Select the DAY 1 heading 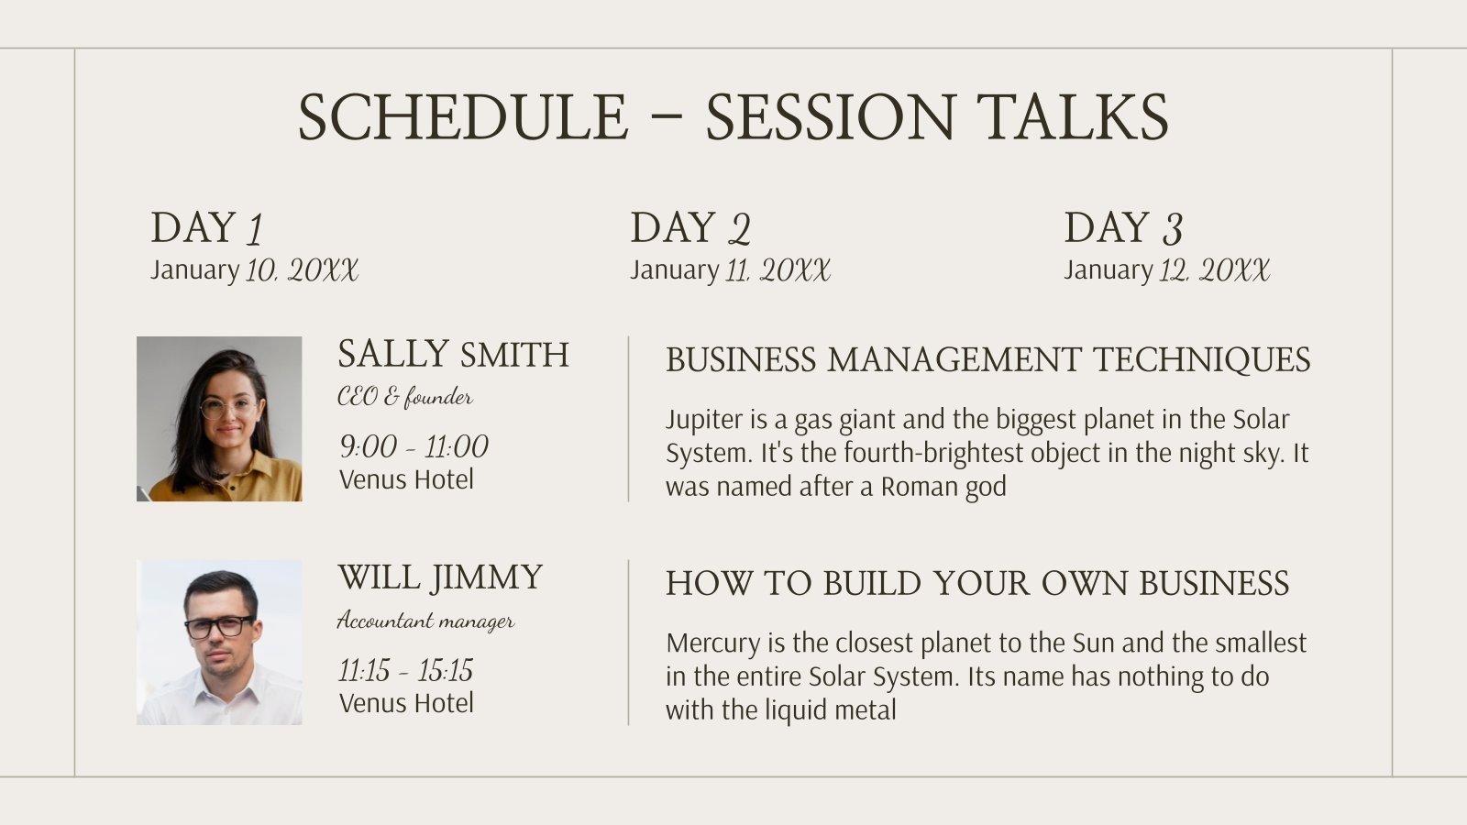coord(206,228)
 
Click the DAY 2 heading coord(690,228)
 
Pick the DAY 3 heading coord(1123,228)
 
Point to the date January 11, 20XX coord(730,269)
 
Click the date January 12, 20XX coord(1166,269)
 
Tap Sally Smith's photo coord(219,419)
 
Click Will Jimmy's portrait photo coord(219,643)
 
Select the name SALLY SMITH coord(453,354)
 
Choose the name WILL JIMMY coord(440,578)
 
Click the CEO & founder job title coord(404,397)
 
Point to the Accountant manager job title coord(425,620)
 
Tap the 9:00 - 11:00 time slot coord(414,446)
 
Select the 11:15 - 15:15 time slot coord(405,670)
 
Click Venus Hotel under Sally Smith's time coord(406,479)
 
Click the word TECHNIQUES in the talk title coord(1202,360)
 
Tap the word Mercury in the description coord(713,643)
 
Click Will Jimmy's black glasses coord(219,627)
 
